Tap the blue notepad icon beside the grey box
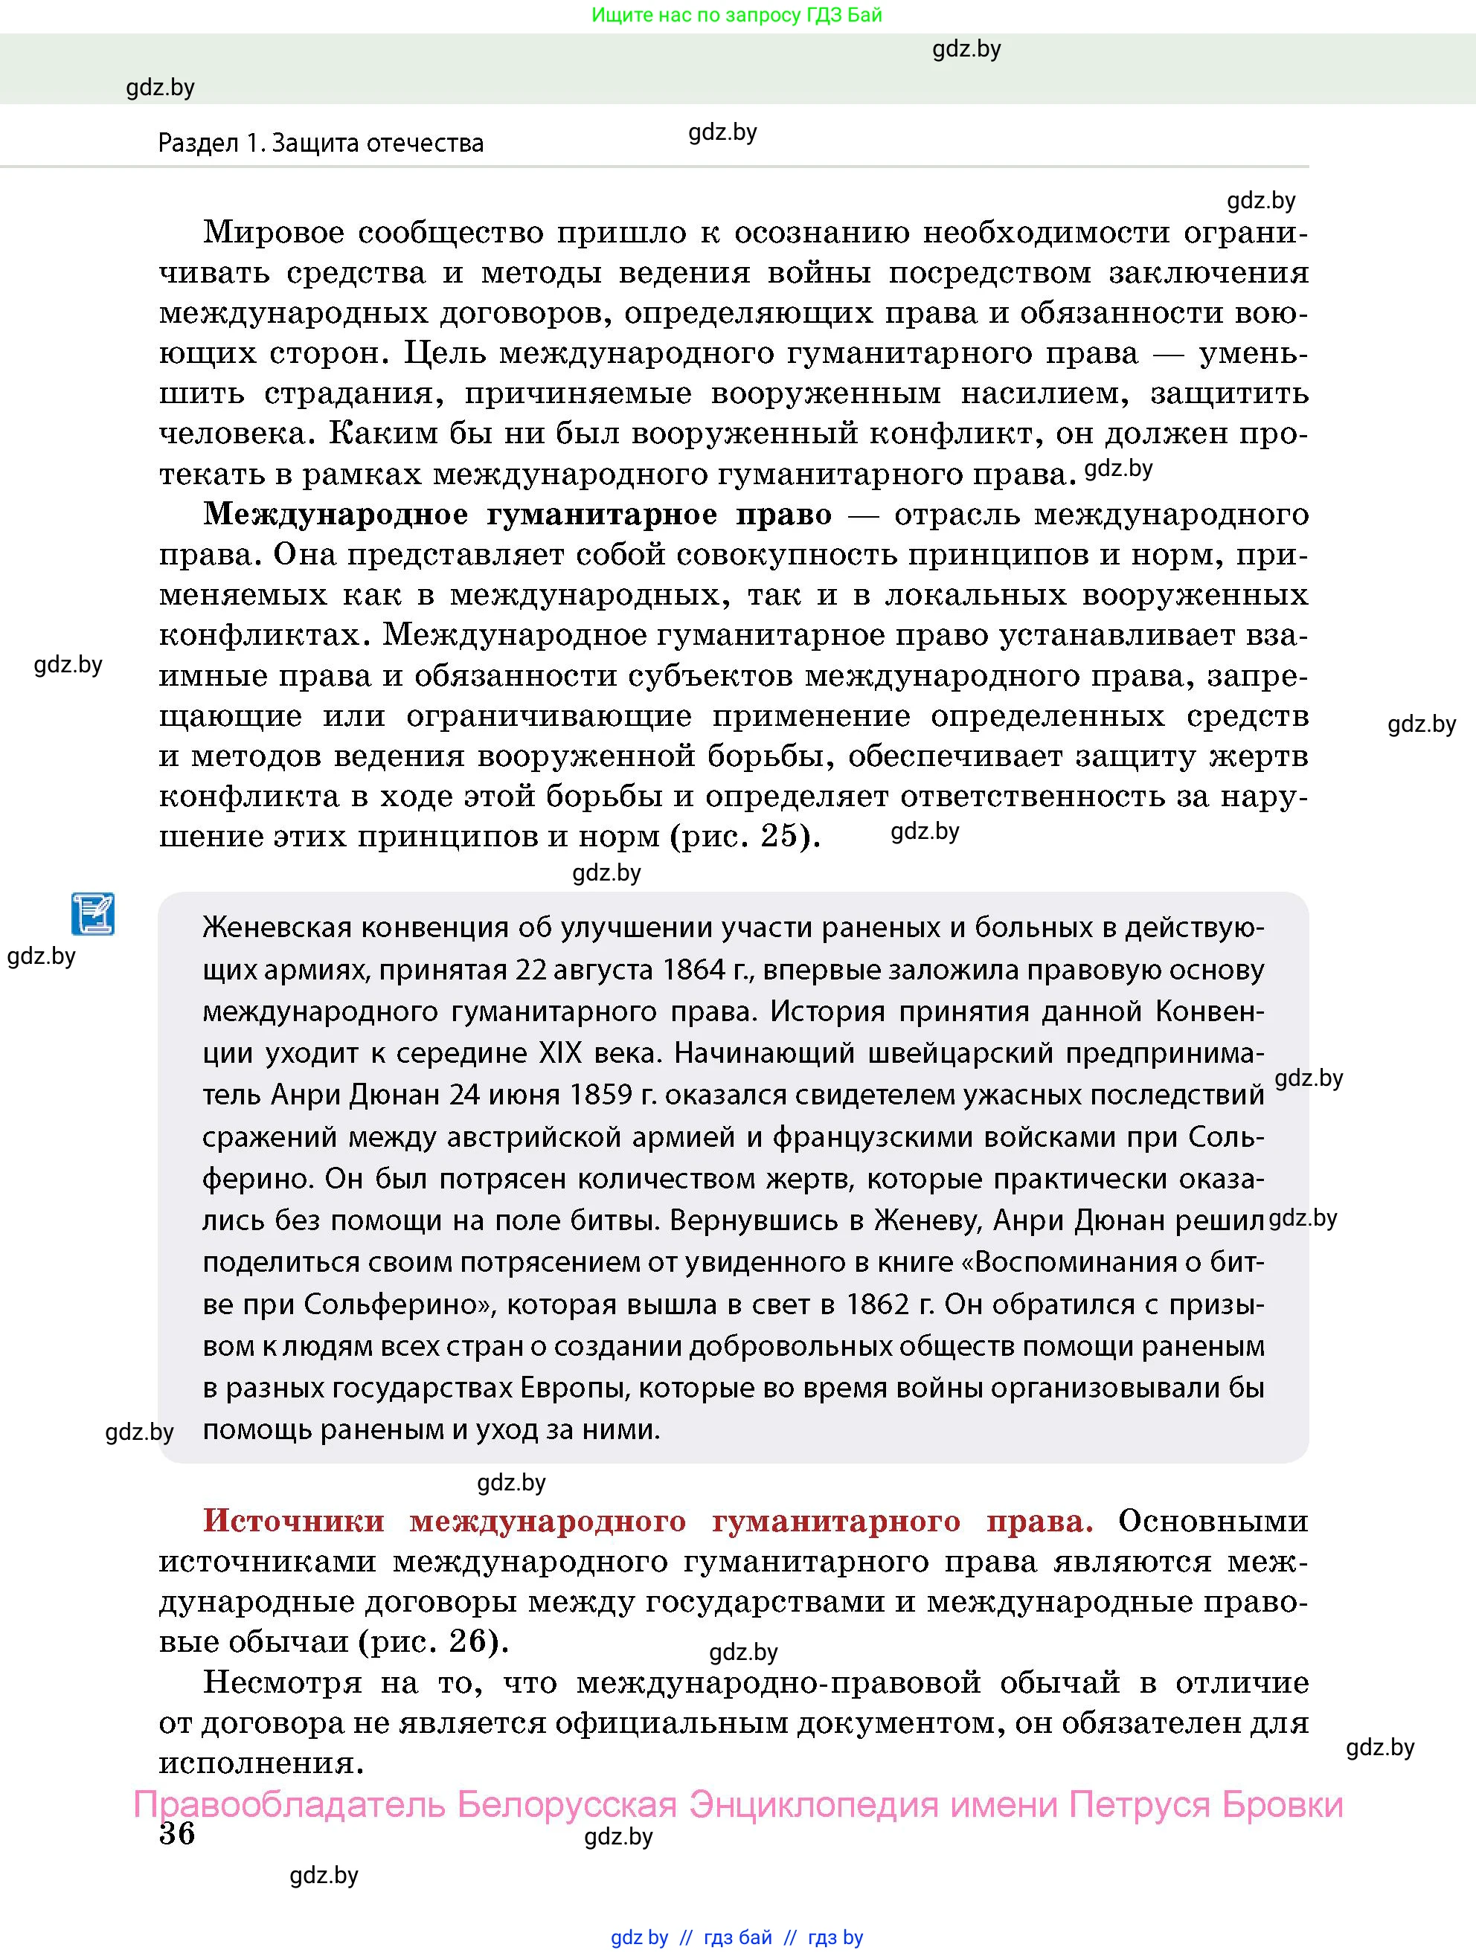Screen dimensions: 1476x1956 tap(93, 913)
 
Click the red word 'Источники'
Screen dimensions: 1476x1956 tap(294, 1520)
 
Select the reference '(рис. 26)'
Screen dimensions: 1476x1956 tap(434, 1641)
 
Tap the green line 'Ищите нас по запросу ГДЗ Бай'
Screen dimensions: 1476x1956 tap(736, 15)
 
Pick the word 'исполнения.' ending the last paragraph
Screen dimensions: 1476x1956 tap(262, 1763)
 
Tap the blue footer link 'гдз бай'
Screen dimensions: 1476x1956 tap(737, 1937)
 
